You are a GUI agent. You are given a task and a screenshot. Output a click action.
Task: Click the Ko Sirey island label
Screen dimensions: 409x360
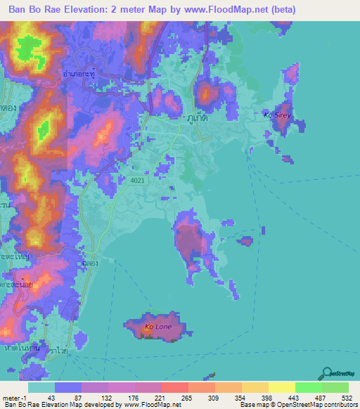point(276,114)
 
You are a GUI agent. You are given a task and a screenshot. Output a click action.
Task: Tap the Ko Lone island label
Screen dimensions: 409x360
point(157,327)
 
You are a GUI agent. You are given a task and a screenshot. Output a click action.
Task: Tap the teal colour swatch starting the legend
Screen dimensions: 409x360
point(41,387)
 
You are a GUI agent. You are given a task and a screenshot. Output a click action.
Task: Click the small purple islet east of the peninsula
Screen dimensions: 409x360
point(245,241)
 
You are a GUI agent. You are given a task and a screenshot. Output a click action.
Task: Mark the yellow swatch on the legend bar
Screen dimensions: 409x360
point(281,387)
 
